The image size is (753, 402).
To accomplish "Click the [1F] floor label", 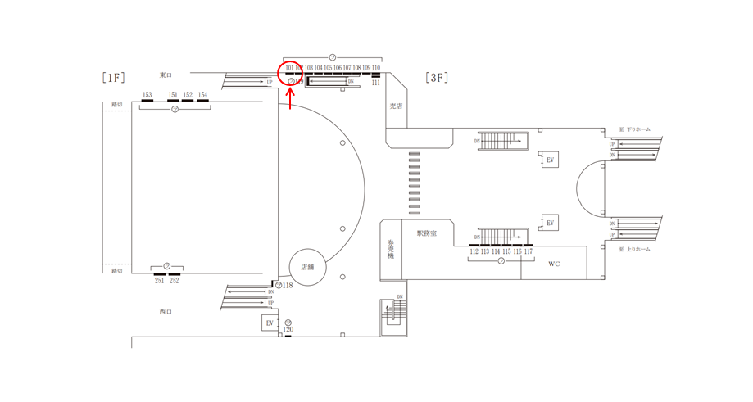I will [x=114, y=78].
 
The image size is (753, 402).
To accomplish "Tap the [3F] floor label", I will [x=437, y=78].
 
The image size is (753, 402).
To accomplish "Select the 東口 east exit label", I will [x=166, y=75].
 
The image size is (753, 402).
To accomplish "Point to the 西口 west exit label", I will [x=166, y=312].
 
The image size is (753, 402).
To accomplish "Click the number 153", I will [x=147, y=96].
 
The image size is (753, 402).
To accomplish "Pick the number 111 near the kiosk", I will [x=375, y=83].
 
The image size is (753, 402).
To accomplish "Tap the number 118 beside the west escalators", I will [x=288, y=286].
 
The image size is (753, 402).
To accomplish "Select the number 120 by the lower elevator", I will [x=288, y=330].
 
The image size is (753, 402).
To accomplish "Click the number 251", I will [x=159, y=281].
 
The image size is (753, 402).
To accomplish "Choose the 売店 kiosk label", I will [x=396, y=106].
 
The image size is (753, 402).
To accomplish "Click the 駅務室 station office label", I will [x=427, y=233].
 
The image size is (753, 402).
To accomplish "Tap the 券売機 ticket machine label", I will [x=391, y=250].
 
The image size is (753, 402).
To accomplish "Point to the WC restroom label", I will [x=554, y=264].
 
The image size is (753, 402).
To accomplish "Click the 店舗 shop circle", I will [x=307, y=267].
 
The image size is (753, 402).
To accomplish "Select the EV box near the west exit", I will [x=270, y=323].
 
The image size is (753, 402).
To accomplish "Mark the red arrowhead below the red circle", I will [x=290, y=90].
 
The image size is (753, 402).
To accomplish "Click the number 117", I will [x=528, y=252].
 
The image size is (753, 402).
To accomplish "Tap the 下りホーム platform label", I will [x=637, y=129].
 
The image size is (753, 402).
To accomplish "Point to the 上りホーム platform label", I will [x=637, y=249].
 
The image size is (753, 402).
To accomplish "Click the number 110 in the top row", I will [x=376, y=68].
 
